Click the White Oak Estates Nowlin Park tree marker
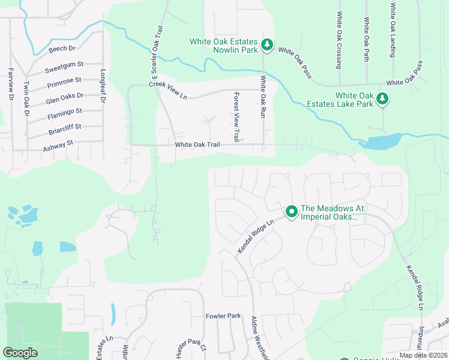tap(267, 46)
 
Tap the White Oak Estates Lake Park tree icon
tap(381, 99)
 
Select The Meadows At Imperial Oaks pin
tap(292, 212)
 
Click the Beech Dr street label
tap(62, 48)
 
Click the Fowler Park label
tap(223, 316)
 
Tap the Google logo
tap(20, 352)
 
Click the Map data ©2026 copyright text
tap(423, 355)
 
